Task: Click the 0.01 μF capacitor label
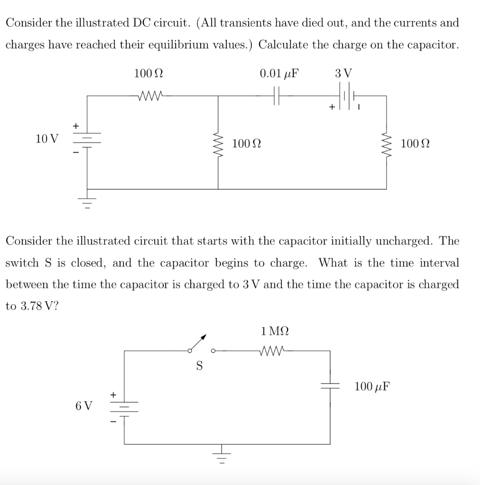[x=280, y=74]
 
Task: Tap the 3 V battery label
[x=343, y=74]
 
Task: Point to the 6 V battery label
[x=84, y=406]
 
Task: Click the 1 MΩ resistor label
[x=275, y=331]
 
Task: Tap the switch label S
[x=199, y=366]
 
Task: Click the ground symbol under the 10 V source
[x=87, y=202]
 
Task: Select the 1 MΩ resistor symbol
[x=275, y=351]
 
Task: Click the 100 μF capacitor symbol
[x=330, y=386]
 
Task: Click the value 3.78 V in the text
[x=31, y=306]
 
